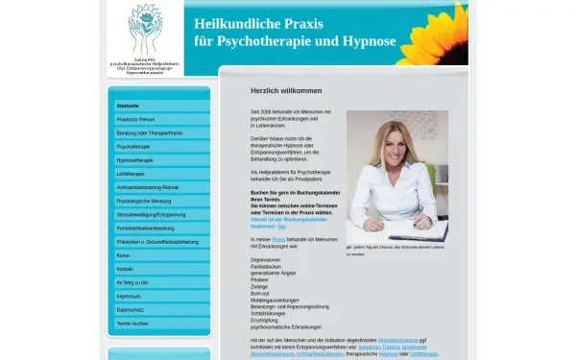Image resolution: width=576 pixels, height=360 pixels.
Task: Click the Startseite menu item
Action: pyautogui.click(x=128, y=106)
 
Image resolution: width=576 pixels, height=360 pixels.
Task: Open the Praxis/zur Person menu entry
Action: pyautogui.click(x=136, y=119)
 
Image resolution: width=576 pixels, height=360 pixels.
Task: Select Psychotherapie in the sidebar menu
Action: pyautogui.click(x=133, y=146)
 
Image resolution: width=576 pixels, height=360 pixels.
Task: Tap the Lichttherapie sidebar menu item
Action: pyautogui.click(x=131, y=174)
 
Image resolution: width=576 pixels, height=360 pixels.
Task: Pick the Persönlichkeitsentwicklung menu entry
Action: pyautogui.click(x=145, y=228)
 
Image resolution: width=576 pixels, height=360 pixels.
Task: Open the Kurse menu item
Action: pyautogui.click(x=123, y=255)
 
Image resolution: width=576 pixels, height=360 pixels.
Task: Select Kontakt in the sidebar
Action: pyautogui.click(x=125, y=269)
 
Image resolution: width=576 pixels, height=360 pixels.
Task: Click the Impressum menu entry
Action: pyautogui.click(x=128, y=297)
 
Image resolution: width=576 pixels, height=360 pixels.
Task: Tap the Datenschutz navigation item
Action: pyautogui.click(x=130, y=310)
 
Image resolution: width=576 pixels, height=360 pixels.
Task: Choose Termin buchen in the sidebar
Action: pyautogui.click(x=132, y=324)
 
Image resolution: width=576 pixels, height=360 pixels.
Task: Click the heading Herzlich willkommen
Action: pyautogui.click(x=286, y=90)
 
